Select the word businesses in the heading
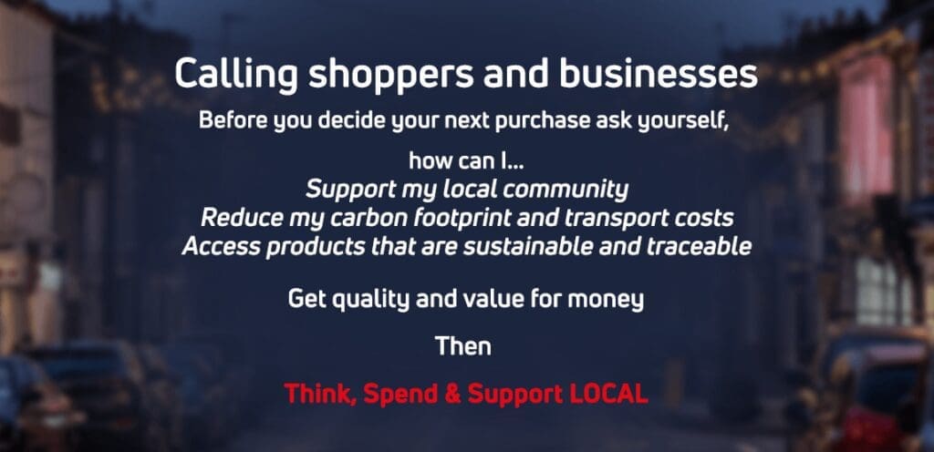point(659,74)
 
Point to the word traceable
point(699,246)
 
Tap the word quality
point(370,300)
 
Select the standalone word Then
point(462,345)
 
